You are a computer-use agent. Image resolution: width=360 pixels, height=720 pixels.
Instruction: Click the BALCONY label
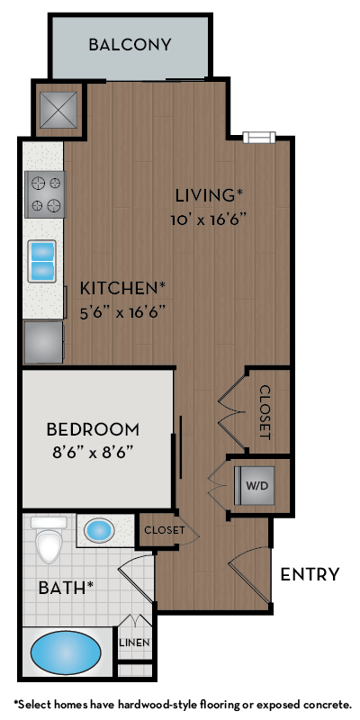[130, 44]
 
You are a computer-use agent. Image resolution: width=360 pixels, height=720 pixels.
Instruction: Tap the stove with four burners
[45, 193]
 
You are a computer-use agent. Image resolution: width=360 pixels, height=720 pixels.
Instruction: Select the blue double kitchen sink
[42, 260]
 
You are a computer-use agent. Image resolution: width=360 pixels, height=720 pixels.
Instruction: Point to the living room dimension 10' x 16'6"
[208, 219]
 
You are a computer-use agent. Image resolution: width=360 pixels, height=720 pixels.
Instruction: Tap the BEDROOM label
[93, 428]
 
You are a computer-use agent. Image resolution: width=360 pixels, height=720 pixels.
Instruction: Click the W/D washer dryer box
[256, 485]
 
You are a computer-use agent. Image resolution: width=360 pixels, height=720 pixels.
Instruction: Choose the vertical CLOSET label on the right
[265, 412]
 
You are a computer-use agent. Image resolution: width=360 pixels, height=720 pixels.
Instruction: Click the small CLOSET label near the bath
[164, 530]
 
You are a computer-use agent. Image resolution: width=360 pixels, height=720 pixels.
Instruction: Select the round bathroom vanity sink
[99, 530]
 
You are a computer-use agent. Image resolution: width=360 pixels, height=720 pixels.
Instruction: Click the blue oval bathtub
[66, 652]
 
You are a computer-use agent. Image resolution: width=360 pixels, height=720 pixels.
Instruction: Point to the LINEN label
[135, 643]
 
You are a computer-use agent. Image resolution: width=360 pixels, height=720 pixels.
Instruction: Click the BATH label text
[66, 588]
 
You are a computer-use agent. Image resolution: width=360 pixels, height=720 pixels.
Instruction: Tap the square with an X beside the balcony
[58, 110]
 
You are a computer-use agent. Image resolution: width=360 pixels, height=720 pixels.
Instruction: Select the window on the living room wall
[258, 137]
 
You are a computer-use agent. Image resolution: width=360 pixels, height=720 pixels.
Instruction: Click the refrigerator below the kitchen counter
[43, 342]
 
